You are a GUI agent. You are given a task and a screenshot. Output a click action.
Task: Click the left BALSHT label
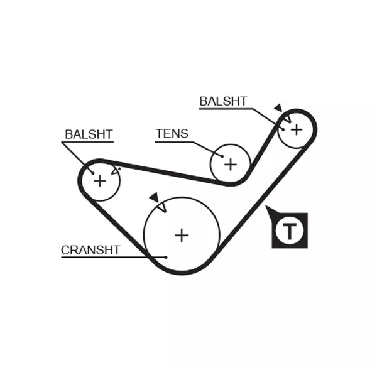pyautogui.click(x=89, y=134)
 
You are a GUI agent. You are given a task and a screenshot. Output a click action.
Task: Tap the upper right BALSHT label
pyautogui.click(x=223, y=101)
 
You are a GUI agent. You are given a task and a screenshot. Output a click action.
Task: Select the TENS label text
pyautogui.click(x=172, y=133)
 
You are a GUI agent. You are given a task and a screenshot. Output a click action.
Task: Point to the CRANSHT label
pyautogui.click(x=90, y=250)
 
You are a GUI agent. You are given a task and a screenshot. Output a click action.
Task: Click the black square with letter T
pyautogui.click(x=290, y=231)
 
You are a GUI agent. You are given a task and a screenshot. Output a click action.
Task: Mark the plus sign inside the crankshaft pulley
pyautogui.click(x=182, y=235)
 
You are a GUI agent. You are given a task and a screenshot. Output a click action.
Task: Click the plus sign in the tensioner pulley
pyautogui.click(x=231, y=165)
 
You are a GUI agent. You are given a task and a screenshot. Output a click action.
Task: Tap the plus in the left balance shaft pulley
pyautogui.click(x=99, y=181)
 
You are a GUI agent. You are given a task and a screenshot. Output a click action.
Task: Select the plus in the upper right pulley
pyautogui.click(x=296, y=129)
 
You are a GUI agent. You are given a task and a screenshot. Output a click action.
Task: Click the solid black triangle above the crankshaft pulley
pyautogui.click(x=154, y=198)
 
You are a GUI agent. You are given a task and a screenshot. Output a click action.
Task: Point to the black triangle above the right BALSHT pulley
pyautogui.click(x=277, y=108)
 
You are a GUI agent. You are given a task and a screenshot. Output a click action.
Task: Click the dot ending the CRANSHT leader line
pyautogui.click(x=165, y=256)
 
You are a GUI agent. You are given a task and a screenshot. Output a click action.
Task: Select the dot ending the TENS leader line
pyautogui.click(x=221, y=155)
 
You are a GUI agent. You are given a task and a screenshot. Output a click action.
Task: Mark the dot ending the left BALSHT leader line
pyautogui.click(x=93, y=173)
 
